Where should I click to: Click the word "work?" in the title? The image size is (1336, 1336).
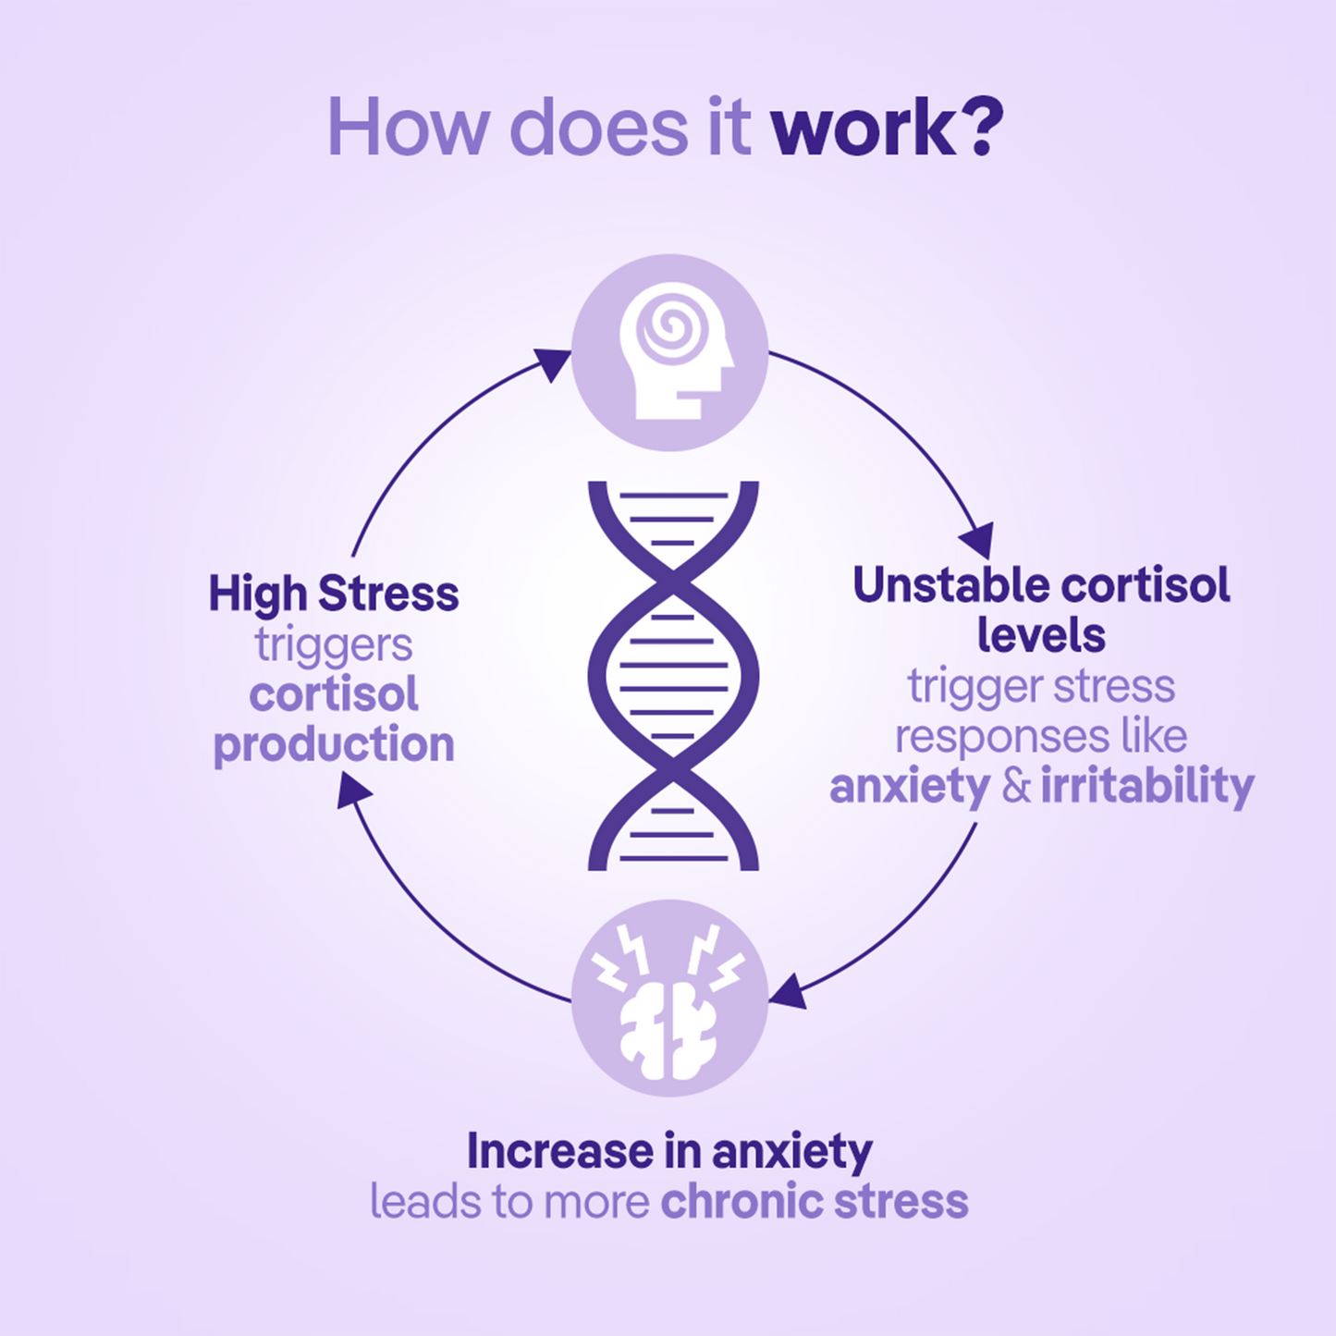click(888, 128)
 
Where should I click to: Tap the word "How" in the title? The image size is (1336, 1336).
click(409, 128)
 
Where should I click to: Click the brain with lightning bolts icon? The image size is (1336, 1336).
click(668, 1001)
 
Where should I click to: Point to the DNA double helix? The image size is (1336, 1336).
click(673, 676)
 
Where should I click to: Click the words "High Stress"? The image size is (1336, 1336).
click(334, 594)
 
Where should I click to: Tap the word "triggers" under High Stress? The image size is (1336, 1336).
click(334, 646)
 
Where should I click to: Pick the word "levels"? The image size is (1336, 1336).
click(1041, 635)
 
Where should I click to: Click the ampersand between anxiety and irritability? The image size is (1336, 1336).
click(1016, 787)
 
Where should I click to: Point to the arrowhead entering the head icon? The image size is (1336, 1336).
click(553, 362)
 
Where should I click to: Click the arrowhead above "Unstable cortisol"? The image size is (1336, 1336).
click(977, 540)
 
